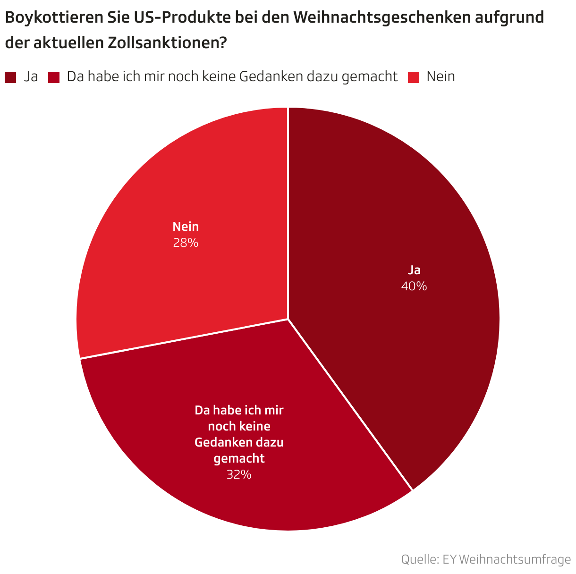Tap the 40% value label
(x=414, y=286)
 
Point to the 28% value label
(x=186, y=243)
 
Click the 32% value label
(x=239, y=474)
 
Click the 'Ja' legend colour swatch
(x=10, y=77)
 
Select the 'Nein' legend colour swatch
(x=414, y=77)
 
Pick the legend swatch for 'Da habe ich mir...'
(x=54, y=77)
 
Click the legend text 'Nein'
(x=440, y=76)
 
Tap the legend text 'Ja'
(x=31, y=76)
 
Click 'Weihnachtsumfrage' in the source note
(x=515, y=559)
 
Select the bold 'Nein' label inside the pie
(x=186, y=227)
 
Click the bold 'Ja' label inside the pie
(x=414, y=270)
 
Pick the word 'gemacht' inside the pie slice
(x=239, y=458)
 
